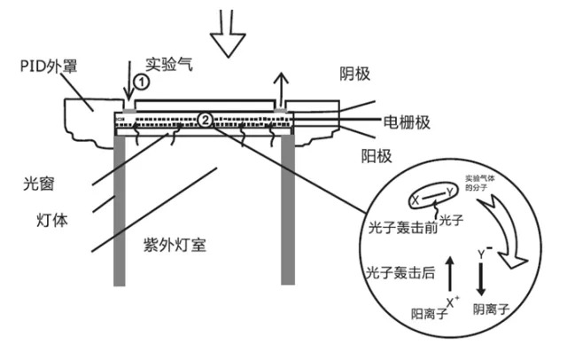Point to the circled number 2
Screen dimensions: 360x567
pyautogui.click(x=205, y=119)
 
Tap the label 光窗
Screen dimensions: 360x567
pyautogui.click(x=38, y=185)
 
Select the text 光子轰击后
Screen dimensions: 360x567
pyautogui.click(x=395, y=271)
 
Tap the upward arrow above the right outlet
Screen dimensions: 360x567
pyautogui.click(x=282, y=88)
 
